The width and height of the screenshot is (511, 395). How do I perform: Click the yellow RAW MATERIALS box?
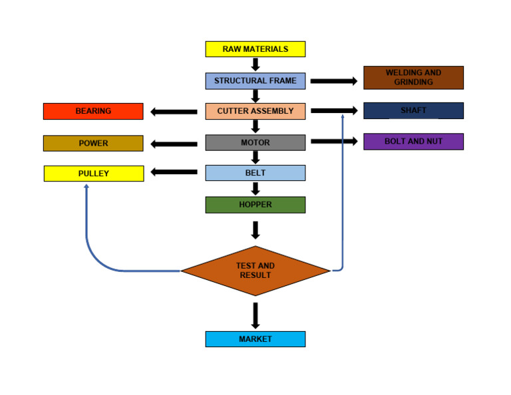point(255,49)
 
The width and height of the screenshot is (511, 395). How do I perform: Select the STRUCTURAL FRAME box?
point(255,81)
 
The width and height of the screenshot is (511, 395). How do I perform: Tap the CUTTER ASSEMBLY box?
point(255,111)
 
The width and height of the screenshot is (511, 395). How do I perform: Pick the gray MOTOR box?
point(255,142)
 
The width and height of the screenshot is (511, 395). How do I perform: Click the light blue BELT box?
point(255,173)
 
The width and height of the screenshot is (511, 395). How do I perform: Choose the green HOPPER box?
point(255,205)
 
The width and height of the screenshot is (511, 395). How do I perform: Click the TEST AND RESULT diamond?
point(255,271)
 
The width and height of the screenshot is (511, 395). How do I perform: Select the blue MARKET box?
point(255,339)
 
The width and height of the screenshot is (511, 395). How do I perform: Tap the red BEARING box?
point(93,111)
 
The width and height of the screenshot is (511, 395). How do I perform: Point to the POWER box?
point(93,143)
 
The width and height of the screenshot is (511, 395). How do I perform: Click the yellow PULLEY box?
point(93,174)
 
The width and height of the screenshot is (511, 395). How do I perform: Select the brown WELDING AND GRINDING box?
point(413,77)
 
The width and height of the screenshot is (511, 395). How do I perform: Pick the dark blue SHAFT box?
point(413,110)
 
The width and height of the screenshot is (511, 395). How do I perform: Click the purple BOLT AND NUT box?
point(413,142)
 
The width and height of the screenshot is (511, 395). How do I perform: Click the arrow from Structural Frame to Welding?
point(333,81)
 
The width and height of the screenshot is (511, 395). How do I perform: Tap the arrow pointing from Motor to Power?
point(174,143)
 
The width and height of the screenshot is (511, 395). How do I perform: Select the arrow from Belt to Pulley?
point(174,173)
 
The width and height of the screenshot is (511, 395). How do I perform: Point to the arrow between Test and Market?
point(255,315)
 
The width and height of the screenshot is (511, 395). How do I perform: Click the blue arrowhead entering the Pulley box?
point(86,187)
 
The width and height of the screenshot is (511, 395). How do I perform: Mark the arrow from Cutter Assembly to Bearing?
point(174,111)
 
